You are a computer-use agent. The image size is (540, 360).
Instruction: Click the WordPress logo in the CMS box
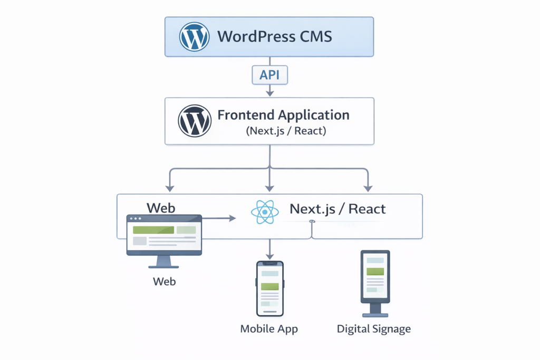click(195, 36)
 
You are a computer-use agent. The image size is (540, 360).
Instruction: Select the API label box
click(269, 75)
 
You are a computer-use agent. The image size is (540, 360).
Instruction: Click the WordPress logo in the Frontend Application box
click(195, 120)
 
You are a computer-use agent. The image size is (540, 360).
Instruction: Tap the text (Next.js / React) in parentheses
click(286, 131)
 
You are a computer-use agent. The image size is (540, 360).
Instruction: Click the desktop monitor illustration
click(164, 235)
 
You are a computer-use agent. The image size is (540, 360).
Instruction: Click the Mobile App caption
click(269, 329)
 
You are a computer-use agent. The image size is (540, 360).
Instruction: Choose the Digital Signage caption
click(373, 329)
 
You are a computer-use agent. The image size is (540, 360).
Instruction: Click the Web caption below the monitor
click(164, 281)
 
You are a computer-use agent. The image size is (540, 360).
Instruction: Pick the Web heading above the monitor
click(161, 207)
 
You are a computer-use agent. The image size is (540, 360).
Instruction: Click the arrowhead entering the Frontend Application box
click(269, 93)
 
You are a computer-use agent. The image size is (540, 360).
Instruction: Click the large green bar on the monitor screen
click(153, 230)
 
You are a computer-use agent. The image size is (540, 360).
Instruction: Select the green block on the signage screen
click(375, 271)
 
